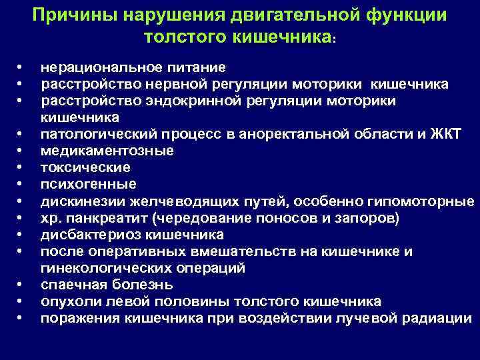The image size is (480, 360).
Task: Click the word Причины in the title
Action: click(x=75, y=15)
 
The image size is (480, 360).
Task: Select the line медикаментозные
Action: click(x=107, y=151)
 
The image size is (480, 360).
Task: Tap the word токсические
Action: click(x=85, y=167)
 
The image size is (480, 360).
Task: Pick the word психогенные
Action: click(x=88, y=184)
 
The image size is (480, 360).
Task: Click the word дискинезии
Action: click(x=80, y=201)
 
